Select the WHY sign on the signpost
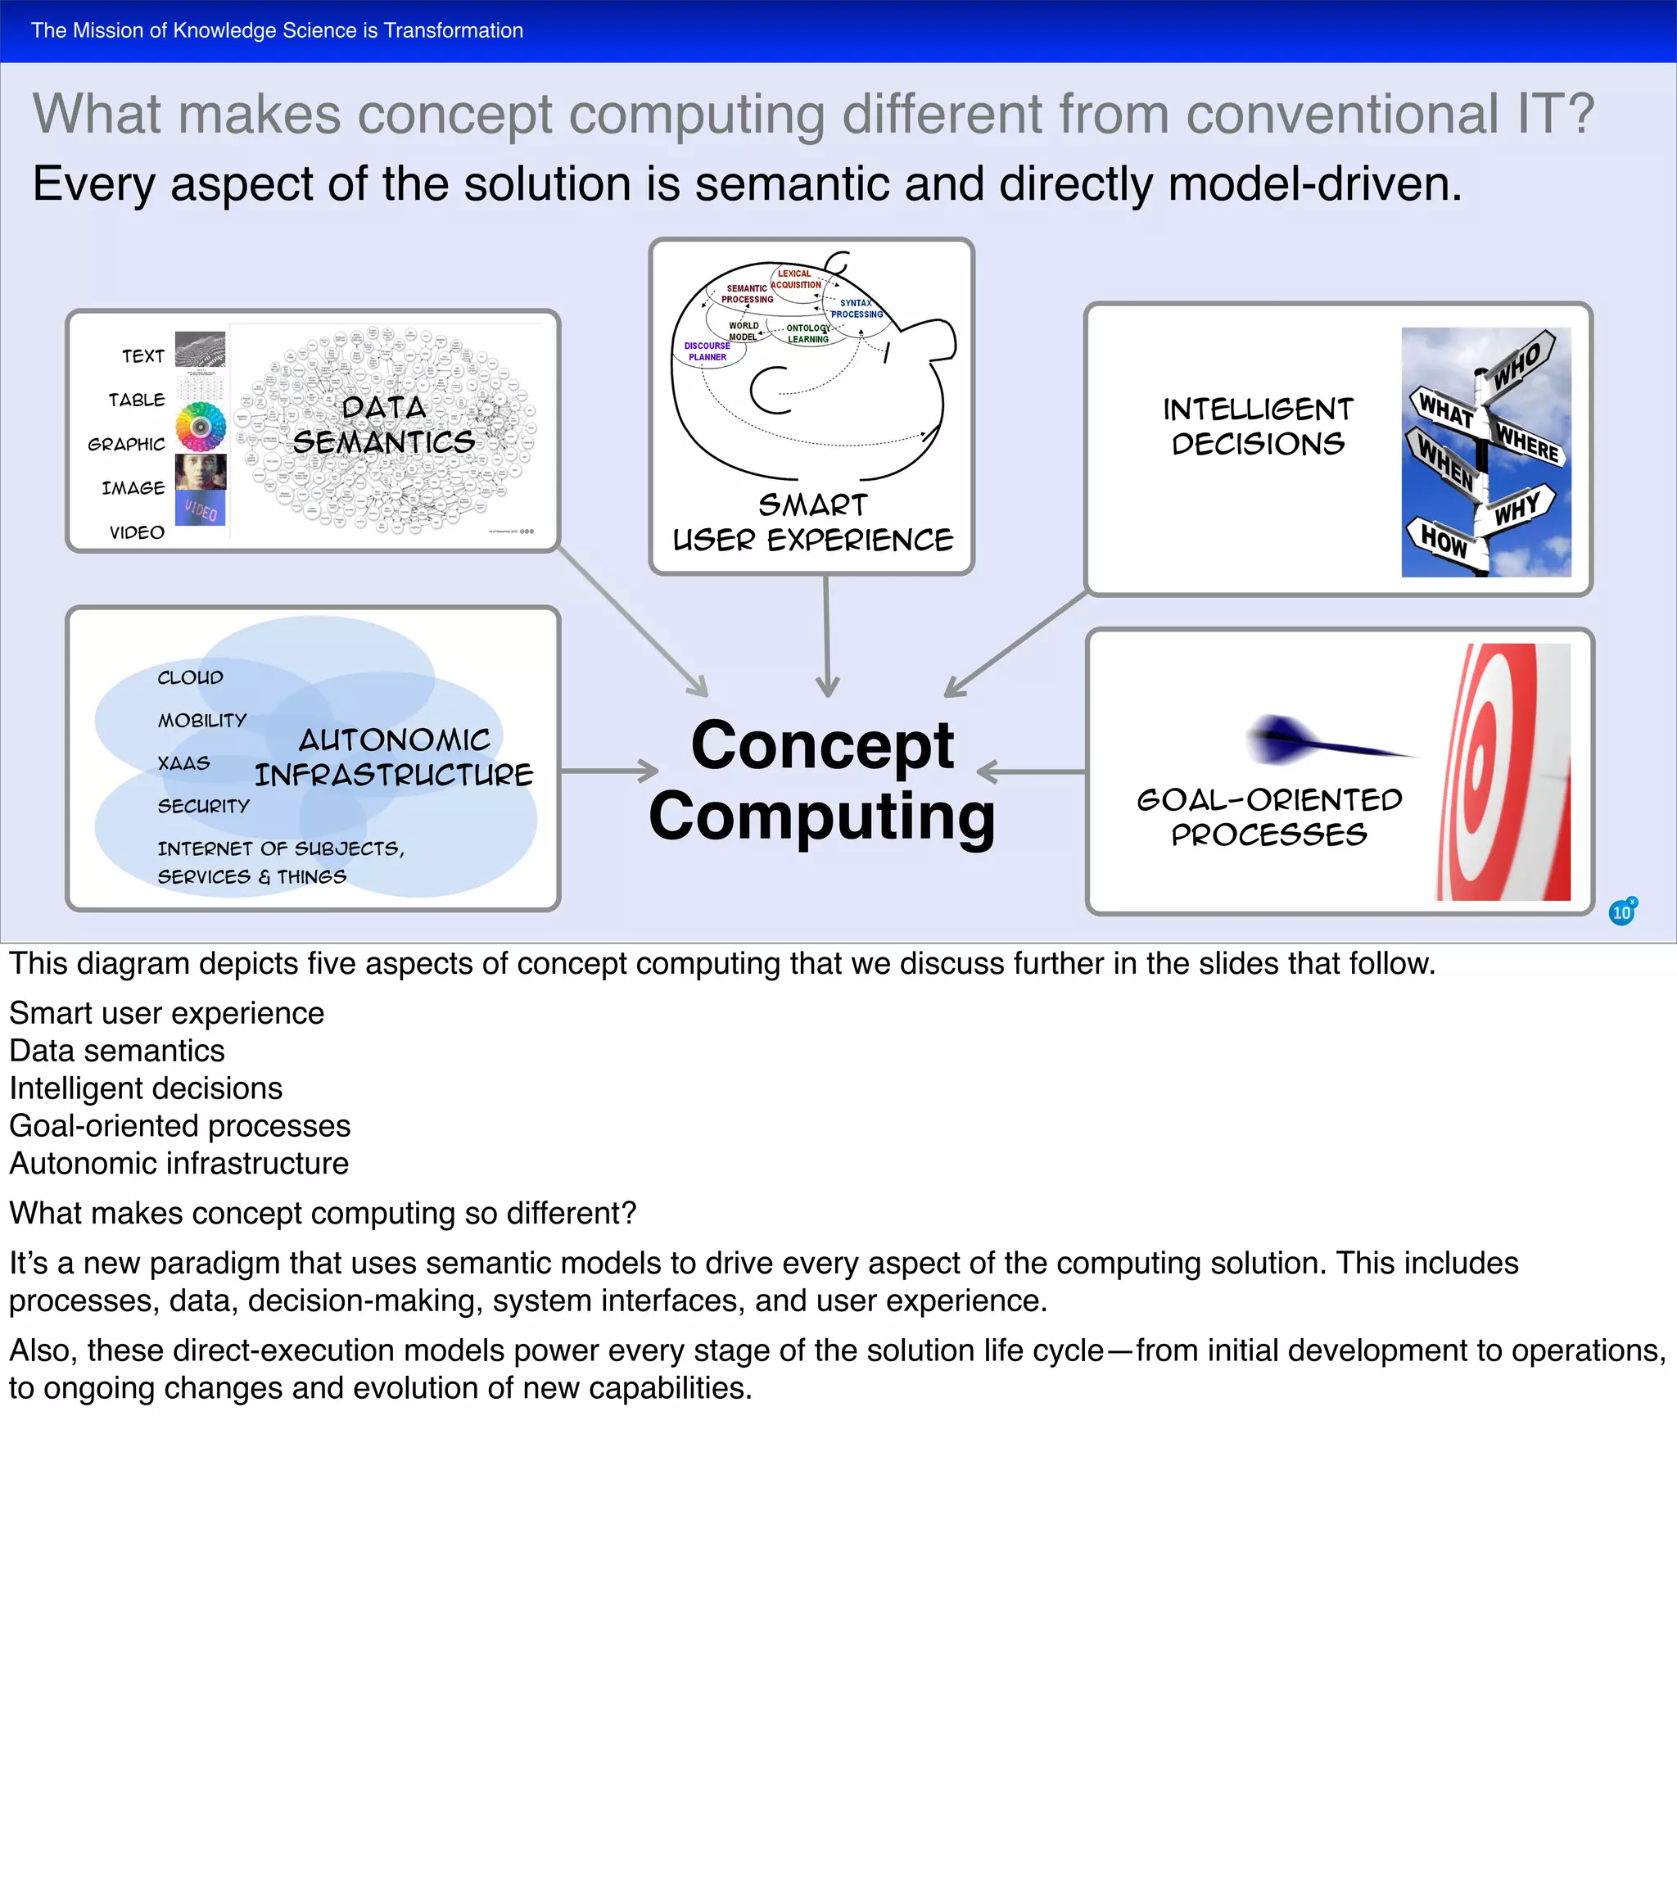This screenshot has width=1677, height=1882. pos(1517,508)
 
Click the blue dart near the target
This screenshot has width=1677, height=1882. pos(1309,740)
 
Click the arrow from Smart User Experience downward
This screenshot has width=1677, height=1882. pos(827,636)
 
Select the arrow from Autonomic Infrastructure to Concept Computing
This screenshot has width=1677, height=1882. pos(609,771)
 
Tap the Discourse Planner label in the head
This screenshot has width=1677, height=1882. pos(707,351)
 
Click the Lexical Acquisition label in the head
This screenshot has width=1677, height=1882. pos(796,279)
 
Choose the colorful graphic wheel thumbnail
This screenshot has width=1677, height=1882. pos(201,427)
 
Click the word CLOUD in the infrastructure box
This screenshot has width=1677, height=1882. pos(190,677)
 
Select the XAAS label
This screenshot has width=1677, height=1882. pos(183,763)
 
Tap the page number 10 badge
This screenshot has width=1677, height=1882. pos(1621,912)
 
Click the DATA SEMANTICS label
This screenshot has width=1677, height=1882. pos(384,425)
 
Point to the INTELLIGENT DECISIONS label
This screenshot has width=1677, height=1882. pos(1258,427)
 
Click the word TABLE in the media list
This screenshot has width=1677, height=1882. pos(137,400)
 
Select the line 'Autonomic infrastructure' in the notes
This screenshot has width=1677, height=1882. pos(179,1164)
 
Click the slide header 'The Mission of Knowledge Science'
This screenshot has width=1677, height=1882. pos(277,30)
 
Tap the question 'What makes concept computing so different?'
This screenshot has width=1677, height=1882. pos(323,1214)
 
